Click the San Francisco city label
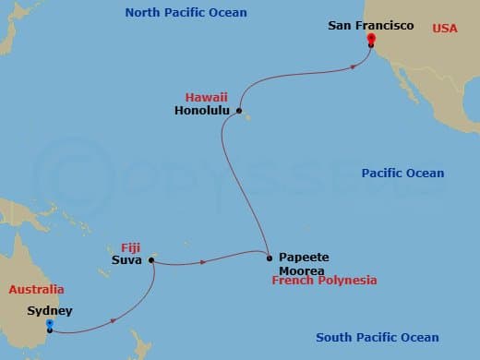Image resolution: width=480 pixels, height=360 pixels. (x=371, y=26)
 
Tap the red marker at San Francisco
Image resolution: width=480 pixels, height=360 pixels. (x=370, y=40)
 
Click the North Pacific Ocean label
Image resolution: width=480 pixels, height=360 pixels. (x=186, y=12)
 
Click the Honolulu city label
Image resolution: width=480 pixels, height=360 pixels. (x=203, y=111)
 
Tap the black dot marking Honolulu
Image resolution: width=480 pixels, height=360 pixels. (x=237, y=112)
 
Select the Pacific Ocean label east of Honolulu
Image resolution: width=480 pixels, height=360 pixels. (x=402, y=173)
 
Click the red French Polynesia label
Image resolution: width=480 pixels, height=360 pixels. (x=324, y=280)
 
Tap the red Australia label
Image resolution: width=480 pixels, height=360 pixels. (x=37, y=290)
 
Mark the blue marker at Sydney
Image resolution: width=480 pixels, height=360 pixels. (x=50, y=324)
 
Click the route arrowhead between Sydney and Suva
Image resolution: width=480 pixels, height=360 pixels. (x=114, y=320)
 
